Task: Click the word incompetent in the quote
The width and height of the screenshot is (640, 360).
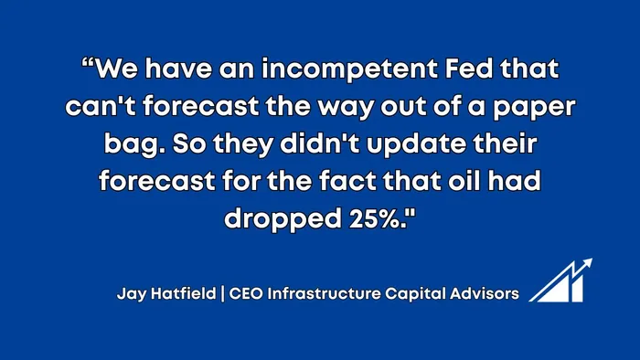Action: (x=349, y=69)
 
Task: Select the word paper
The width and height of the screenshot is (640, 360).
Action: (x=534, y=108)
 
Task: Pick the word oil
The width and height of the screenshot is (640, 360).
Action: (x=464, y=180)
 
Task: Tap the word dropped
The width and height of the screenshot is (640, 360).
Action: (x=283, y=219)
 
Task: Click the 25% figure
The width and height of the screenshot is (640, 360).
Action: (x=374, y=218)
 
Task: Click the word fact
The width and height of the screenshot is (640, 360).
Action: (x=347, y=180)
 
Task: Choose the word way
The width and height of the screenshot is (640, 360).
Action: (x=346, y=108)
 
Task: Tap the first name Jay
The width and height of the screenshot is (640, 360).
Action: (x=132, y=294)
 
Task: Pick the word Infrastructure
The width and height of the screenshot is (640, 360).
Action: (x=324, y=293)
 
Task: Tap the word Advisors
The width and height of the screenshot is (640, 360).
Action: (x=485, y=293)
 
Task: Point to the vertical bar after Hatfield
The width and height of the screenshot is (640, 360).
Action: (x=222, y=293)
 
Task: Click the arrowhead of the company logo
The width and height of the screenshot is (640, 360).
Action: (x=587, y=262)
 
